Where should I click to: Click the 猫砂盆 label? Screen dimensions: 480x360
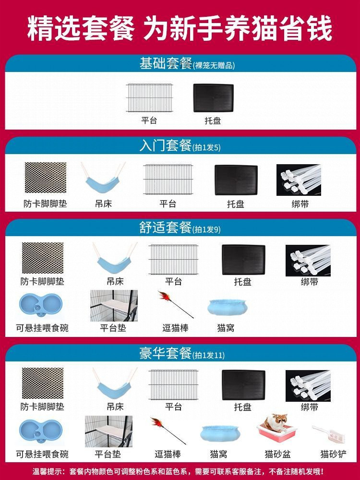[x=277, y=454]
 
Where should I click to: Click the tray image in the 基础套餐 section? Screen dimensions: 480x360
[x=213, y=98]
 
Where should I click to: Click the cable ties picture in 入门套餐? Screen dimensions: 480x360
[x=300, y=180]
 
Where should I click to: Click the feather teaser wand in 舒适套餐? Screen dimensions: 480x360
[x=175, y=303]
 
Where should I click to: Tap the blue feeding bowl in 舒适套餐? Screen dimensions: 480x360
[x=42, y=308]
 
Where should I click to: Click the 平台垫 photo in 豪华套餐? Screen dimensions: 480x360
[x=108, y=431]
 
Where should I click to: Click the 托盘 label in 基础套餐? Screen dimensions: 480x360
[x=213, y=121]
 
